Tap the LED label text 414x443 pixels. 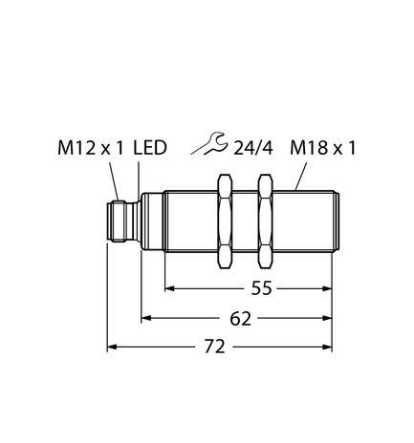[x=151, y=149]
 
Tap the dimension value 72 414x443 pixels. [x=216, y=347]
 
